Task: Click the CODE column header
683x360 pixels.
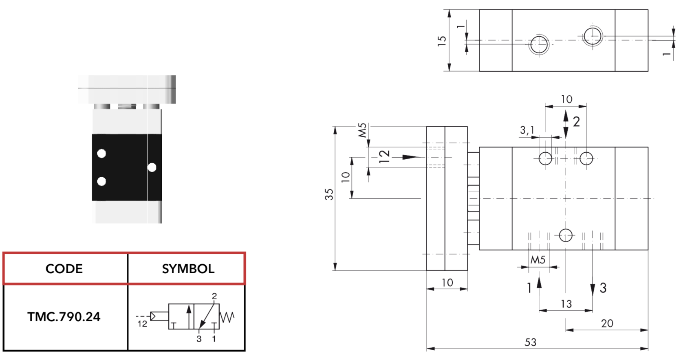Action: [x=64, y=268]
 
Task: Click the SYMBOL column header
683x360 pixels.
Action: [x=188, y=268]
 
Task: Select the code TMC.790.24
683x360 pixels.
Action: [x=64, y=317]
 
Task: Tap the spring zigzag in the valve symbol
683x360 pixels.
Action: [x=227, y=317]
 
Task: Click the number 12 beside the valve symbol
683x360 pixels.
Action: [x=142, y=324]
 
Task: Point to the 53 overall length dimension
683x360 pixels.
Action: [x=530, y=342]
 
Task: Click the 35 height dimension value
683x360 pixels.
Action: [x=329, y=195]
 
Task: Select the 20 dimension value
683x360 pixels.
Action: [x=607, y=323]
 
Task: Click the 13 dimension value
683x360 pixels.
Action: [x=566, y=304]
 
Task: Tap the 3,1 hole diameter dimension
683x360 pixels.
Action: [x=527, y=130]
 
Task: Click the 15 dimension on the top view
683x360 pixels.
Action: [x=442, y=41]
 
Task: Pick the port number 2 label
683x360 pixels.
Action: [x=576, y=122]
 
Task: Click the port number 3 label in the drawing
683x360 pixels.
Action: [x=603, y=288]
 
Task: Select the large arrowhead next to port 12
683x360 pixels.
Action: [x=412, y=157]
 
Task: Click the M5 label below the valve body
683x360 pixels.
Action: [x=538, y=260]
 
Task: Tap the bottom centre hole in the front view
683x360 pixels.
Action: [x=566, y=235]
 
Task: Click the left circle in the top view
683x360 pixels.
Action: [x=539, y=44]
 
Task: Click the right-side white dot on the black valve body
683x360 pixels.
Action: [x=152, y=167]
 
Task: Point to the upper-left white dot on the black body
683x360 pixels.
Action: [x=101, y=154]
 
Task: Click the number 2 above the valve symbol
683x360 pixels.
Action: [x=214, y=296]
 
